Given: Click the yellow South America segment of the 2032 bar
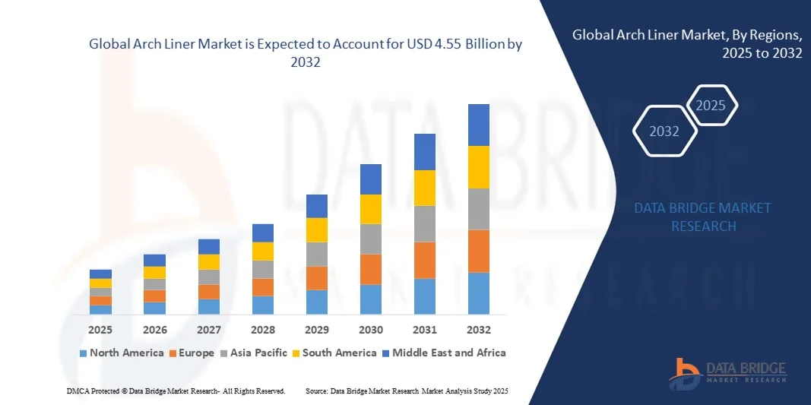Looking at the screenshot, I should pyautogui.click(x=479, y=167).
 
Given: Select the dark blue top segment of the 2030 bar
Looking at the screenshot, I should pyautogui.click(x=370, y=179).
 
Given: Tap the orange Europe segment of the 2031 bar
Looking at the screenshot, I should pyautogui.click(x=425, y=261).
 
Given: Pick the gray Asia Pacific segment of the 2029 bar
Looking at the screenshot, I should pyautogui.click(x=317, y=254).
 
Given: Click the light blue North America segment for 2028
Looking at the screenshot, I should pyautogui.click(x=263, y=305).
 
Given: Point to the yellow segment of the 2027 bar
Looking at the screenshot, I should pyautogui.click(x=209, y=262).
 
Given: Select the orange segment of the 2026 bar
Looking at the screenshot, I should pyautogui.click(x=154, y=296).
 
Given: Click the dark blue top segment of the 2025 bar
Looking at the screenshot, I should pyautogui.click(x=100, y=274).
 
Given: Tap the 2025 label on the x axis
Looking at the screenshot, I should pyautogui.click(x=100, y=330).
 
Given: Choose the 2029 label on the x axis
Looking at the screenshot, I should pyautogui.click(x=317, y=330).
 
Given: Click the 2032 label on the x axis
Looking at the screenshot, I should pyautogui.click(x=479, y=330).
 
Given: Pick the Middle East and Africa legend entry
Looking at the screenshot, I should pyautogui.click(x=445, y=353).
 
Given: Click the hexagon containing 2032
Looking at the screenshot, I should pyautogui.click(x=664, y=131).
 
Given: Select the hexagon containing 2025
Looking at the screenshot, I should pyautogui.click(x=711, y=106).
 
